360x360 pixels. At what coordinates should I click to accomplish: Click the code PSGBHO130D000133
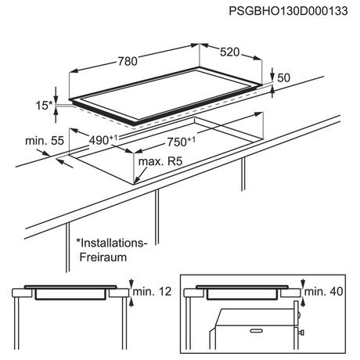(x=288, y=11)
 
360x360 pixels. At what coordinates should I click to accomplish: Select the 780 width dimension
(x=128, y=61)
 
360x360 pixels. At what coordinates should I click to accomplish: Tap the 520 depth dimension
(x=229, y=52)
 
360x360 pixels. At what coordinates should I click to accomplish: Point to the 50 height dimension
(x=283, y=77)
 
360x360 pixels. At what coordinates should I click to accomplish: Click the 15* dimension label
(x=44, y=106)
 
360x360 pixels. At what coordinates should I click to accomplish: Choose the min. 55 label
(x=45, y=141)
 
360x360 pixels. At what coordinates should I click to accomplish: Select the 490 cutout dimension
(x=103, y=139)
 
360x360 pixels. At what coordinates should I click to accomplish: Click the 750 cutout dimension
(x=181, y=142)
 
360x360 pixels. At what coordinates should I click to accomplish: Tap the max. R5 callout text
(x=160, y=161)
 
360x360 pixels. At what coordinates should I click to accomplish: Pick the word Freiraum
(x=103, y=257)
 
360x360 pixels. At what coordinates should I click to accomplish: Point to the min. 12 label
(x=152, y=291)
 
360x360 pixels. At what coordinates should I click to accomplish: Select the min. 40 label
(x=323, y=291)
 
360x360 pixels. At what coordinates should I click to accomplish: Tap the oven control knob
(x=302, y=333)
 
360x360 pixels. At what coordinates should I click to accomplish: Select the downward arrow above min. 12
(x=131, y=283)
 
